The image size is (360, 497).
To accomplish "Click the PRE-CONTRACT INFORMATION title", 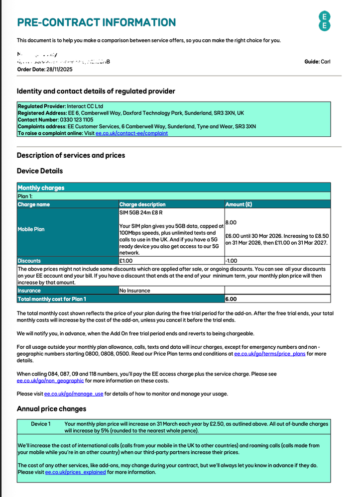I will pyautogui.click(x=96, y=22).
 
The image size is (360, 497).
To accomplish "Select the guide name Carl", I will pyautogui.click(x=325, y=62).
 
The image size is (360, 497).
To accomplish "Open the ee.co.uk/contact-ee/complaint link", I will pyautogui.click(x=131, y=133).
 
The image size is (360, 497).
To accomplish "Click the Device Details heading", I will pyautogui.click(x=40, y=171).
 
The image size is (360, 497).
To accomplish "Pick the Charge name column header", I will pyautogui.click(x=34, y=204).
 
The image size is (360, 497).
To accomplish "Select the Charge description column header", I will pyautogui.click(x=142, y=204).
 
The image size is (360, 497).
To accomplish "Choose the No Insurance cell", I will pyautogui.click(x=135, y=291).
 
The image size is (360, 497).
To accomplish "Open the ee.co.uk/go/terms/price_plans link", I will pyautogui.click(x=269, y=354).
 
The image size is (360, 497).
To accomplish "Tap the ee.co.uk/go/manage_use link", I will pyautogui.click(x=74, y=394).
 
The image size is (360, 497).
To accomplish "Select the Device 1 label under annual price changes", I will pyautogui.click(x=41, y=424).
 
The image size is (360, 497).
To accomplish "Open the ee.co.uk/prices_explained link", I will pyautogui.click(x=75, y=472).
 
